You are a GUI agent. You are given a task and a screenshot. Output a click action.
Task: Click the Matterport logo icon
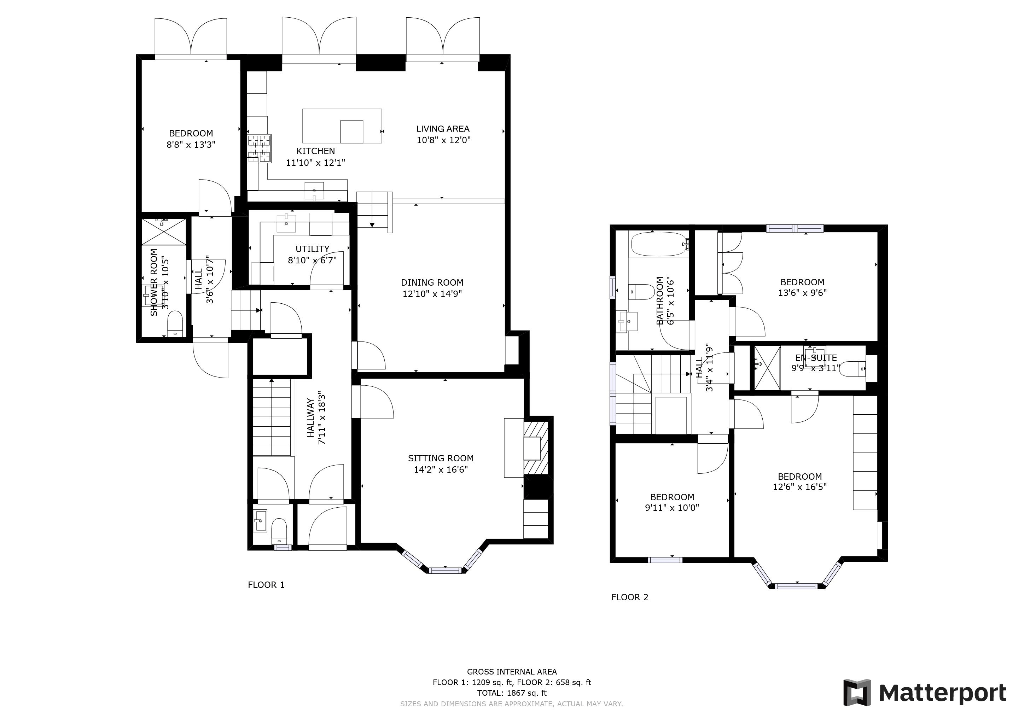(857, 692)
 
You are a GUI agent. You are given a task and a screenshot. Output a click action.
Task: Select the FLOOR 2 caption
(629, 597)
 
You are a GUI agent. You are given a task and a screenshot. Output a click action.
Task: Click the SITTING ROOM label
(440, 458)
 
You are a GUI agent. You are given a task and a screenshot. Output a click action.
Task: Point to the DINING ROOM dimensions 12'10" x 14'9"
(432, 294)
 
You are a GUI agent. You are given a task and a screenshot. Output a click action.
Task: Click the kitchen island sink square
(351, 131)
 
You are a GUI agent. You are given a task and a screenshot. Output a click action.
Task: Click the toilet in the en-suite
(852, 369)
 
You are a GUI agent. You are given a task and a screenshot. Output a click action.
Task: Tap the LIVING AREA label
(442, 129)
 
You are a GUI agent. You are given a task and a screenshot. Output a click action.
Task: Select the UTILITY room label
(312, 249)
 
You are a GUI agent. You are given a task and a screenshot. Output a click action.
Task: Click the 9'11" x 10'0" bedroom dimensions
(672, 507)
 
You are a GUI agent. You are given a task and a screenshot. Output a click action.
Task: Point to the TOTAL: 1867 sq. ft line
(512, 693)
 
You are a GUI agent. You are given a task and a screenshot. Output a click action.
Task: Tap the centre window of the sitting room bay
(447, 570)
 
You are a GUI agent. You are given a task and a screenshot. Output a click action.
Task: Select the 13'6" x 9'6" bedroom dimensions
(803, 293)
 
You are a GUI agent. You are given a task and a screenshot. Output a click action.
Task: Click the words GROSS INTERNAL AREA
(512, 671)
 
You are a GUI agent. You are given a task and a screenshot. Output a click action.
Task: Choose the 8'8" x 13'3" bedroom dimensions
(191, 145)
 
